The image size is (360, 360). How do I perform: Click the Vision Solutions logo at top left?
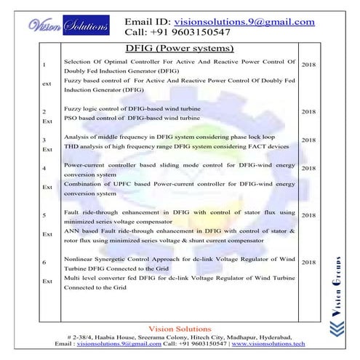pos(70,27)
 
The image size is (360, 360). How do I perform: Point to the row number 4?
pos(45,168)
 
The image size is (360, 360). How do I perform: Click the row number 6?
pos(45,261)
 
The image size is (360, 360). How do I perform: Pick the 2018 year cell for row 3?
pos(308,140)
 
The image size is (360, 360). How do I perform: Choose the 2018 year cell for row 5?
pos(308,215)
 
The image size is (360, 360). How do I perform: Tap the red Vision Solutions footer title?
pos(179,329)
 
